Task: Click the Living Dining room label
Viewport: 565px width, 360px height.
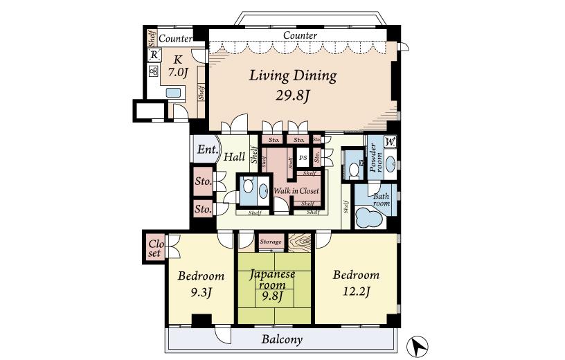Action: click(293, 76)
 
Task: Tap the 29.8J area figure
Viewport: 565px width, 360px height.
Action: click(293, 96)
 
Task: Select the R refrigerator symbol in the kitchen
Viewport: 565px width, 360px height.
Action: click(154, 56)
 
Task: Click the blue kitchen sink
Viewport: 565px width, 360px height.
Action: click(173, 93)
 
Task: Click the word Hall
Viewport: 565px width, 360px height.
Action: click(234, 157)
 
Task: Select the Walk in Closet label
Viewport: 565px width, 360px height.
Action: click(296, 190)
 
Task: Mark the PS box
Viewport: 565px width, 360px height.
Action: click(303, 158)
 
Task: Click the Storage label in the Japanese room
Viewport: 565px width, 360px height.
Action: click(271, 242)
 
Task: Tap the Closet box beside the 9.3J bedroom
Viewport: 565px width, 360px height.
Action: click(154, 248)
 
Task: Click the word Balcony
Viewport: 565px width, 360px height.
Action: click(282, 339)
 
